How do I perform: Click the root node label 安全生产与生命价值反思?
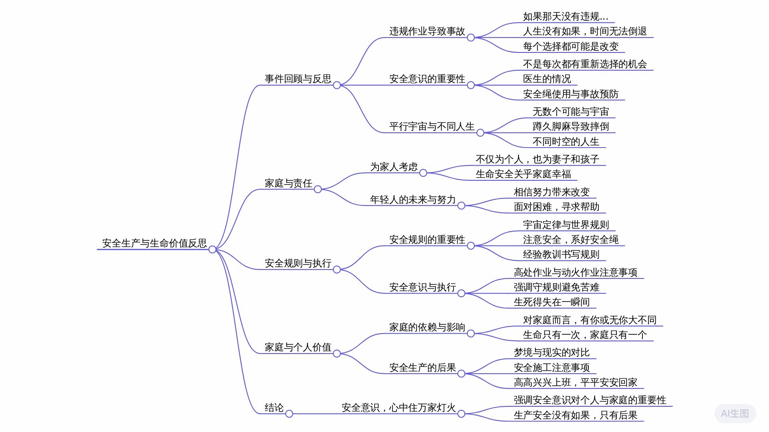pos(154,243)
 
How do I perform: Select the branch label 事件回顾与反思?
pos(298,79)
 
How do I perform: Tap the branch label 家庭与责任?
pos(288,183)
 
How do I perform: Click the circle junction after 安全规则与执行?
pos(337,270)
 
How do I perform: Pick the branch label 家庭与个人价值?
pos(298,347)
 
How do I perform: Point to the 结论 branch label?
pos(274,408)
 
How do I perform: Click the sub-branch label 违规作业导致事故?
pos(427,31)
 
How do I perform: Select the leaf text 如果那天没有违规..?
pos(565,16)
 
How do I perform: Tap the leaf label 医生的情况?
pos(547,79)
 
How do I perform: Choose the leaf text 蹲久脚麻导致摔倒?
pos(570,126)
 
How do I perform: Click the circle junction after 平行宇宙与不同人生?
pos(480,133)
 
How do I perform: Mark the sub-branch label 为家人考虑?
pos(394,166)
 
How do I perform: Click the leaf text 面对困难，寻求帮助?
pos(556,207)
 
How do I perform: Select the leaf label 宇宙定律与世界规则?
pos(566,225)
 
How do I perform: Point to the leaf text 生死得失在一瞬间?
pos(552,302)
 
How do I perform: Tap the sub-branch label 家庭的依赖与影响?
pos(427,327)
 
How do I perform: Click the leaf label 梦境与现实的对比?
pos(552,352)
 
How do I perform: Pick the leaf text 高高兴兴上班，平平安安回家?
pos(575,382)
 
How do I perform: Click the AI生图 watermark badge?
pos(735,413)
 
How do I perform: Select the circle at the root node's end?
pos(212,250)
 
